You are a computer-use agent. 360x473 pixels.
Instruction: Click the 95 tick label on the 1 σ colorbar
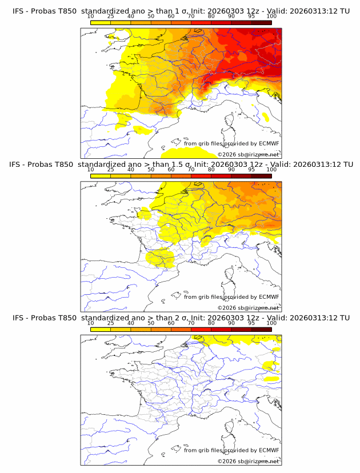pos(251,16)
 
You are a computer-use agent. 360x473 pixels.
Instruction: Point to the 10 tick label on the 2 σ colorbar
pos(90,323)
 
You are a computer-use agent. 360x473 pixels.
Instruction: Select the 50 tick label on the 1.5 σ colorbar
pos(151,170)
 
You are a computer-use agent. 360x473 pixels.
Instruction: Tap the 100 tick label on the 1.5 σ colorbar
pos(271,170)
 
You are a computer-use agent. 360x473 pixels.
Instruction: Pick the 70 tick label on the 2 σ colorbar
pos(191,323)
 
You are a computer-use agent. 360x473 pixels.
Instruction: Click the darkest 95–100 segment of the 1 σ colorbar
pos(261,22)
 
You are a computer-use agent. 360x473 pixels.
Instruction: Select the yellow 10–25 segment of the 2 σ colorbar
pos(100,329)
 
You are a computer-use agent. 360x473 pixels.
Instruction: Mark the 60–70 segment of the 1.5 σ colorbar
pos(181,176)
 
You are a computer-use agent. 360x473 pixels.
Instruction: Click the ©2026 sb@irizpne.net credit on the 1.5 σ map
pos(248,308)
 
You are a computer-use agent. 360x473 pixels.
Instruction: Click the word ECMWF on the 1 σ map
pos(269,143)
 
